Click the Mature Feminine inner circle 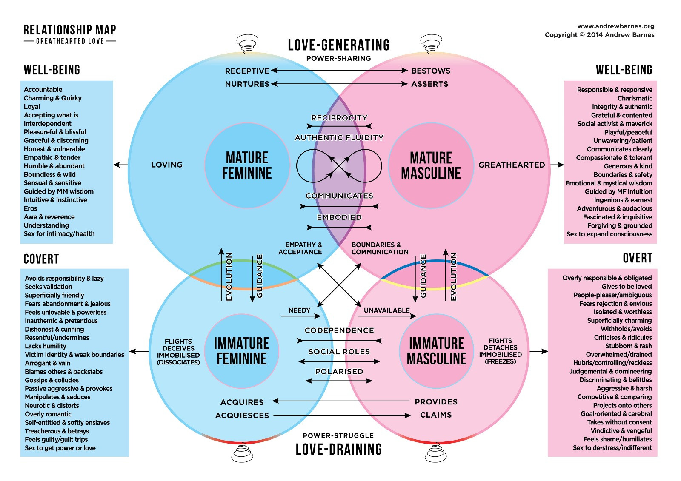coord(247,165)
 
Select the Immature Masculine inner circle coord(436,351)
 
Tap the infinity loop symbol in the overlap coord(339,166)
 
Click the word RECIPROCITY coord(339,118)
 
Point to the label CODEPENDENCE coord(339,330)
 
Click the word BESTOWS coord(430,71)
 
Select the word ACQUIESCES coord(242,416)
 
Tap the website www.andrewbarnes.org coord(615,26)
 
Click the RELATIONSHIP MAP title coord(70,30)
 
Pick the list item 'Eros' coord(31,208)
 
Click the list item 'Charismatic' coord(635,98)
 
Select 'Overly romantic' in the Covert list coord(48,414)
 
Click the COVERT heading coord(41,259)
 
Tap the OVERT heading coord(637,258)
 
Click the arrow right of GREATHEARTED coord(557,165)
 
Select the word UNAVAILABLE coord(386,310)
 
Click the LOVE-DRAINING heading coord(339,449)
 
